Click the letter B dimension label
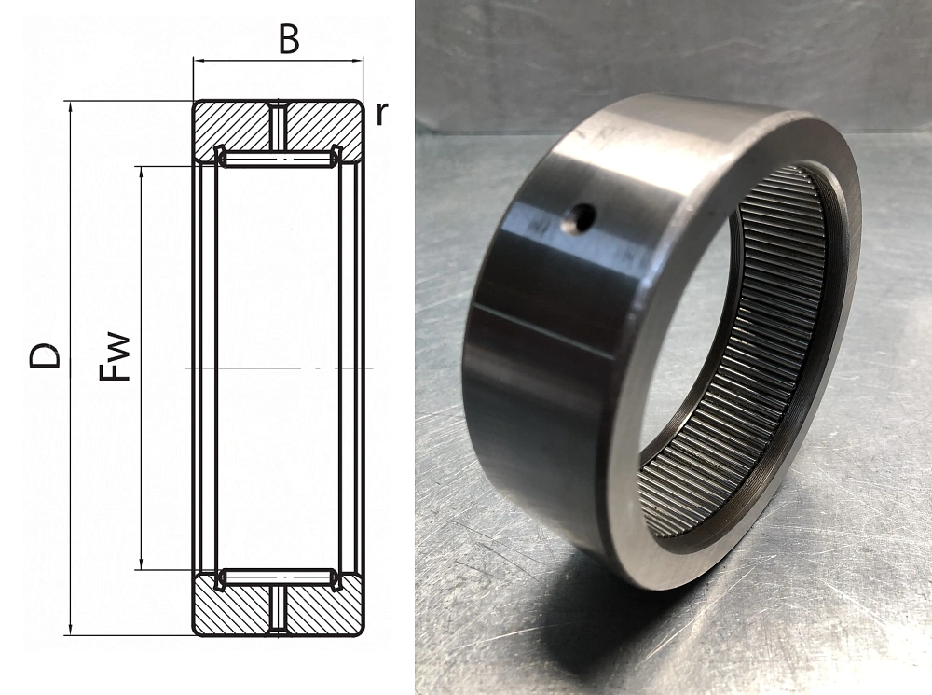289,40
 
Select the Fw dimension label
116,357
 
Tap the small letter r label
382,114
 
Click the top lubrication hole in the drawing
278,126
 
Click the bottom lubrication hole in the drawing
278,610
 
